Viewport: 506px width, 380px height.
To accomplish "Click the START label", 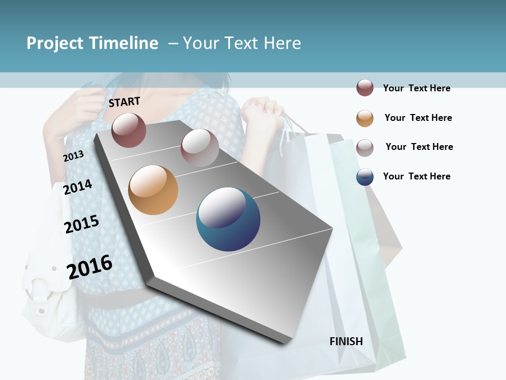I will pos(124,102).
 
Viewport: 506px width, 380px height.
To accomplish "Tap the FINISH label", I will pos(346,341).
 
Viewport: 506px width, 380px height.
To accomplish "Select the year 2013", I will pos(73,156).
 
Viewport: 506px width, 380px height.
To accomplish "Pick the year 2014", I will pos(77,187).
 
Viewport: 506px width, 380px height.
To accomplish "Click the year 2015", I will pos(82,224).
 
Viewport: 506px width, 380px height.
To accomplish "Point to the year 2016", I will pos(90,267).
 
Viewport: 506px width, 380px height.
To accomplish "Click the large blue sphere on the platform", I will pos(228,219).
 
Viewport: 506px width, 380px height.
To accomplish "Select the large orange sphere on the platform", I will pos(153,190).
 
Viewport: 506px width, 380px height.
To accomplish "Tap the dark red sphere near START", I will pos(129,130).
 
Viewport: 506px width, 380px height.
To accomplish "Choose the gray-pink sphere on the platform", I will pos(200,148).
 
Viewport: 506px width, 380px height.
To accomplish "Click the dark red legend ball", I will pos(365,88).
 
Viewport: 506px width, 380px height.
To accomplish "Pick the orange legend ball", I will pos(365,118).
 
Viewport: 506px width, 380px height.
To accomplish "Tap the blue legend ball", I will pos(365,177).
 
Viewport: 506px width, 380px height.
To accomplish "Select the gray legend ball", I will pos(365,148).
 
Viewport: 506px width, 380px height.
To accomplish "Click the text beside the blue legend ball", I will pos(416,176).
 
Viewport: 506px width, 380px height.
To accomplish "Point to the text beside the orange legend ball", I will pos(418,118).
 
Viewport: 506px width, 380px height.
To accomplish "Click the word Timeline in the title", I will pos(123,43).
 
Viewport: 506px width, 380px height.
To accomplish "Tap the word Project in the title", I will pos(55,43).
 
